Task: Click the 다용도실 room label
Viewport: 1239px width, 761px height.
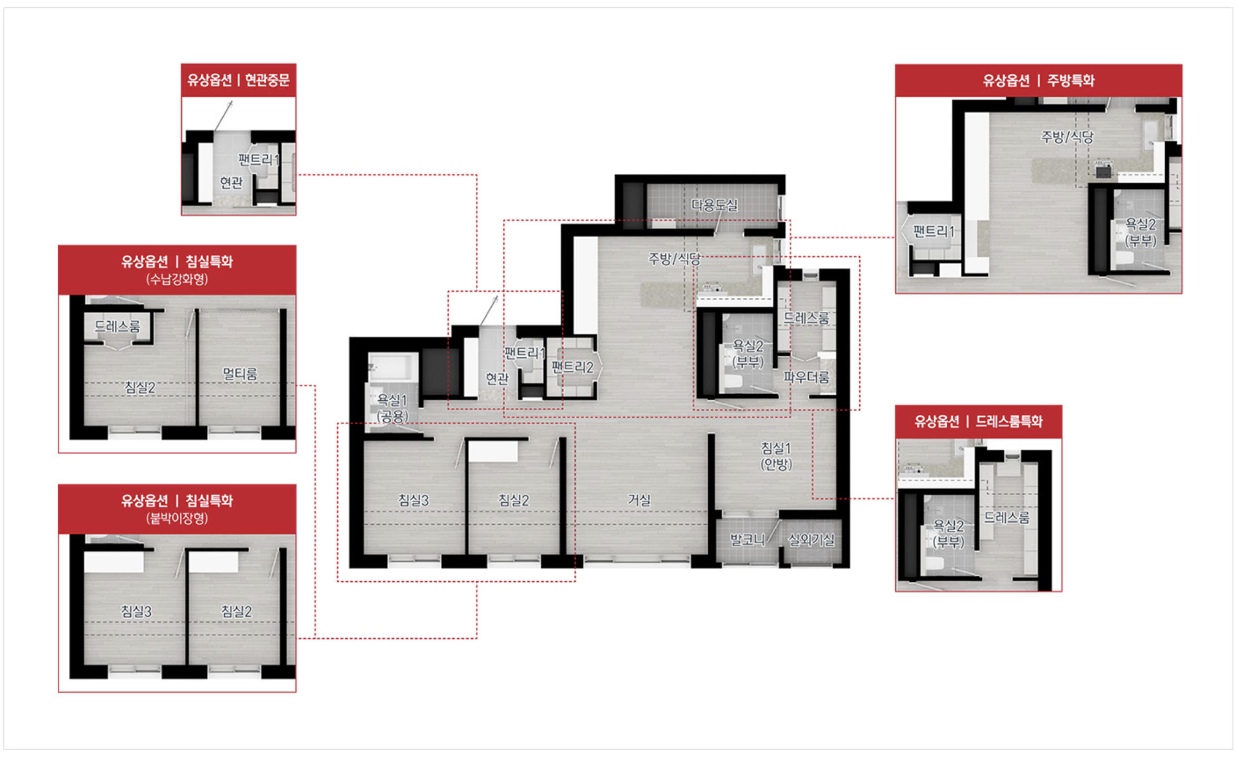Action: coord(714,205)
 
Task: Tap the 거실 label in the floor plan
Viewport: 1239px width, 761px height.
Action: coord(639,500)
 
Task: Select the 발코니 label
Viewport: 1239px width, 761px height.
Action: coord(747,540)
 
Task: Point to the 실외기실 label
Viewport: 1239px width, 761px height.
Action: coord(811,540)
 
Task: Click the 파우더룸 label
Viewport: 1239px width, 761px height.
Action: coord(807,377)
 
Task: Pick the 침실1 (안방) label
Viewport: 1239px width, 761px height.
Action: coord(776,456)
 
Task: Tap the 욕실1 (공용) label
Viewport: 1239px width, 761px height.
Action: coord(392,408)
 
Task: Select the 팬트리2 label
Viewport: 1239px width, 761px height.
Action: coord(573,367)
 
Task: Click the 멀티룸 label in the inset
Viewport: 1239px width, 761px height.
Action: coord(240,373)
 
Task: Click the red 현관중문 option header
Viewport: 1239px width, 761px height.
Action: coord(239,80)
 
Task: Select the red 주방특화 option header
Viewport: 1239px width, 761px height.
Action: coord(1038,80)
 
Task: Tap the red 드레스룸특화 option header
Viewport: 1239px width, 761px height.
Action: coord(978,421)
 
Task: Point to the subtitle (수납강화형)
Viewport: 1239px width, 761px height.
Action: coord(177,279)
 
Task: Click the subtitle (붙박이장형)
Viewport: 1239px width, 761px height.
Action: coord(177,518)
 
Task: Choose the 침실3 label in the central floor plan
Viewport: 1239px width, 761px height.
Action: coord(413,500)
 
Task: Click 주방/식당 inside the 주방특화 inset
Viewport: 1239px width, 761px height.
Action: coord(1067,137)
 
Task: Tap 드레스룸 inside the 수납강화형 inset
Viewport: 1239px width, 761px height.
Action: coord(117,326)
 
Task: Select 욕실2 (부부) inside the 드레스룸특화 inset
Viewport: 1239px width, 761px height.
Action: coord(948,534)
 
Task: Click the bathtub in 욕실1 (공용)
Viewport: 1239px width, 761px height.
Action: coord(393,366)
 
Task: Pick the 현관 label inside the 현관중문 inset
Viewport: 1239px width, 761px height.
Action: coord(231,182)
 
